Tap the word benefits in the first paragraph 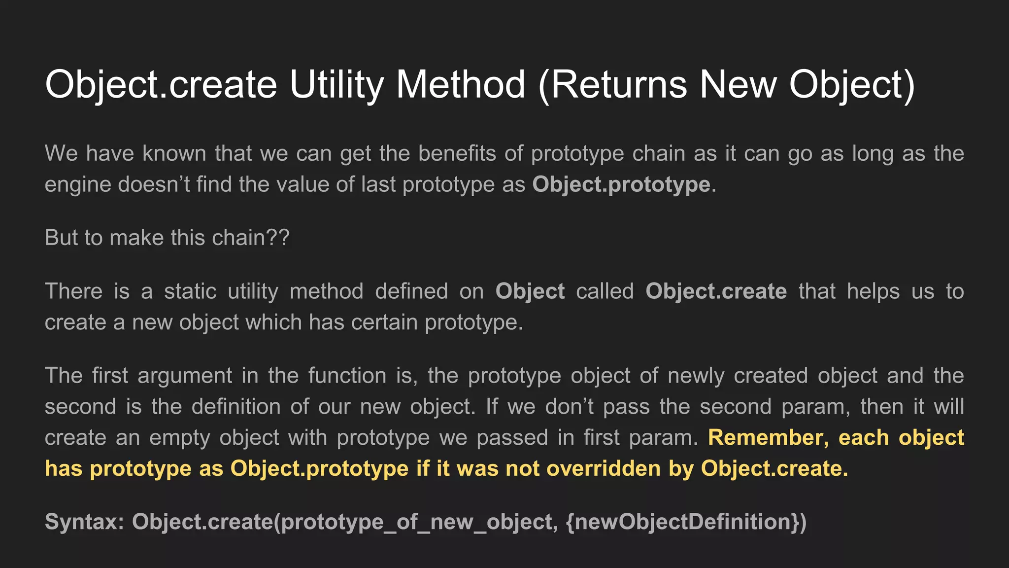(x=457, y=153)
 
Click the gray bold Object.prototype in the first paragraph (x=621, y=184)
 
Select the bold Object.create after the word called (x=716, y=291)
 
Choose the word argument (x=185, y=376)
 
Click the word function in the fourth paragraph (x=347, y=376)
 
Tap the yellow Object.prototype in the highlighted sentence (x=319, y=468)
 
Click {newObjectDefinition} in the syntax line (x=685, y=522)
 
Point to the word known (x=174, y=153)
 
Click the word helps (x=874, y=291)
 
